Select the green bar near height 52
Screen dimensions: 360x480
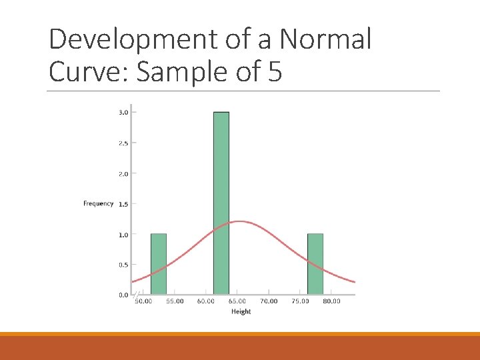pos(159,264)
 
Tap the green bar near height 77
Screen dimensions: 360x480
pos(315,264)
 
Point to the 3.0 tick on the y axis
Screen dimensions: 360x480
pos(123,112)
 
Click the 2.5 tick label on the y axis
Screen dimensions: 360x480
pos(123,143)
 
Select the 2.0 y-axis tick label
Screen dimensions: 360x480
pos(123,173)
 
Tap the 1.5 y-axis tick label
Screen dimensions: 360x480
pos(123,204)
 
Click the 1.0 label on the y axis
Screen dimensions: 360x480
pos(123,235)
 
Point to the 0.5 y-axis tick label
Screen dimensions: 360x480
pos(123,265)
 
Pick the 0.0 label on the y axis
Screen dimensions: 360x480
pos(123,295)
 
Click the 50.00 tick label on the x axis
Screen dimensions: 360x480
pos(143,301)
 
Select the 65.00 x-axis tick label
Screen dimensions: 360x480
pos(237,301)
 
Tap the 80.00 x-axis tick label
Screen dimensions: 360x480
pos(331,301)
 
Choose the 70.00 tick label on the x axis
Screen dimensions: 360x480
pos(269,301)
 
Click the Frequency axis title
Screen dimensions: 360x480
pos(98,203)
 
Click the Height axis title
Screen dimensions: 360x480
pos(241,311)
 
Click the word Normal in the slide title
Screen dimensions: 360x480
pos(325,40)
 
